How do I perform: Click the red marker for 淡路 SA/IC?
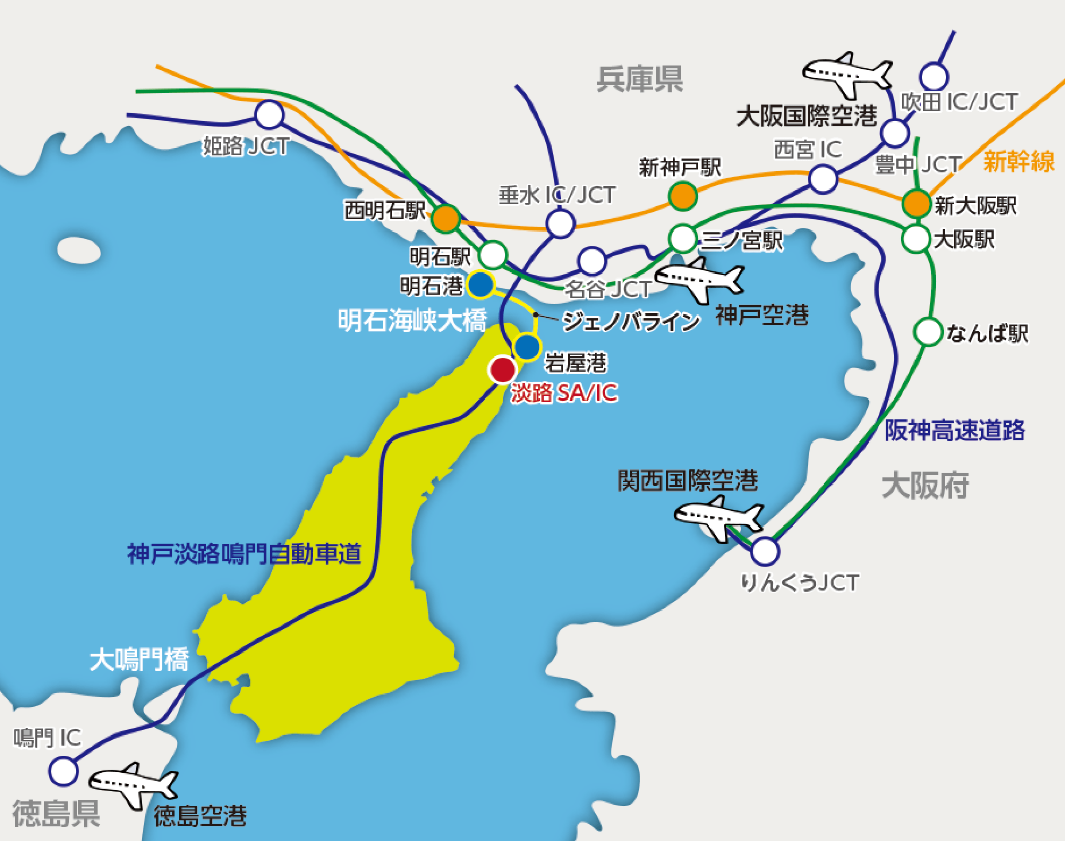click(503, 369)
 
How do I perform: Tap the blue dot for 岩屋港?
click(527, 346)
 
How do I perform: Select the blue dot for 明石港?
click(481, 284)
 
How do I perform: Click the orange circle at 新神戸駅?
click(683, 196)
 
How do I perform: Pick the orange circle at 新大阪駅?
click(916, 203)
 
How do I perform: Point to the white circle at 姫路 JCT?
click(269, 115)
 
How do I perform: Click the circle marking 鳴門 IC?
click(63, 770)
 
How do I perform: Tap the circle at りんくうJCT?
click(765, 551)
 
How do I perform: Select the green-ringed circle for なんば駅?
click(928, 331)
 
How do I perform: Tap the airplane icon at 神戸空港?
click(700, 279)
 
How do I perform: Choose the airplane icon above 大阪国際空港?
click(847, 74)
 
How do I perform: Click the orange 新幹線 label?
click(1018, 161)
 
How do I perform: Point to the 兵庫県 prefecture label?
click(640, 79)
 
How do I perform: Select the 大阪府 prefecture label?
click(925, 485)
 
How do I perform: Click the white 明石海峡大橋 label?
click(412, 320)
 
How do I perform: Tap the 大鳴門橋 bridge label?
click(140, 659)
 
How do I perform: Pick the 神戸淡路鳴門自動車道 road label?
click(244, 554)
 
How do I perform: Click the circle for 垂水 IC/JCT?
click(560, 223)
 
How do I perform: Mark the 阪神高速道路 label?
click(954, 430)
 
